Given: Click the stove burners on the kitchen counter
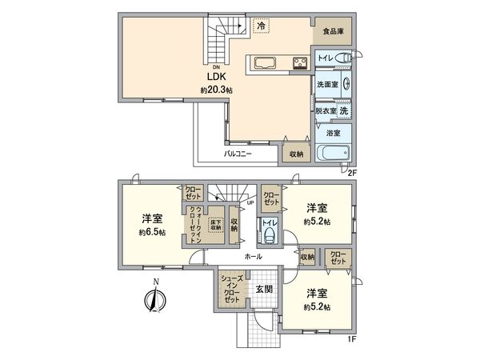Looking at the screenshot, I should tap(299, 64).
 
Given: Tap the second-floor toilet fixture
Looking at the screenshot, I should tap(344, 57).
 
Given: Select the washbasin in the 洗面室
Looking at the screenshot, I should tap(346, 82).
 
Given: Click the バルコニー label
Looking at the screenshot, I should tap(238, 152).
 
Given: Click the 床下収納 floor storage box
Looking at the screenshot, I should tap(215, 226).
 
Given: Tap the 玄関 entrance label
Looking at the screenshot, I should tap(264, 290).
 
